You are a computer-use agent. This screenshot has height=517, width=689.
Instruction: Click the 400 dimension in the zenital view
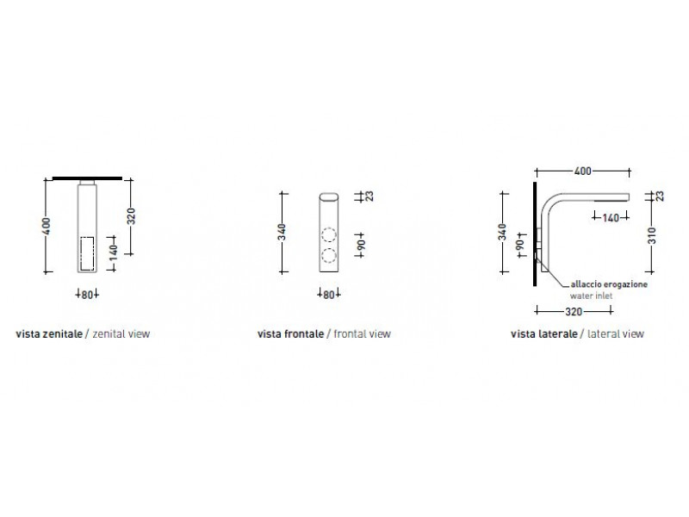tap(47, 226)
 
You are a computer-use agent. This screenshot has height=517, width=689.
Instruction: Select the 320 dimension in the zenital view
tap(131, 216)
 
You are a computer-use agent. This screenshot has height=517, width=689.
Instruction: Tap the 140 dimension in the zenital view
tap(114, 252)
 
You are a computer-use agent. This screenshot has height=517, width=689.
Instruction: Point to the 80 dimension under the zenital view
tap(87, 295)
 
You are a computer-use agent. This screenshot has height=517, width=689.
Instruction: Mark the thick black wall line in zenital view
tap(87, 178)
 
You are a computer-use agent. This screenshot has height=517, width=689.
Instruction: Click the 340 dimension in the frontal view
tap(282, 232)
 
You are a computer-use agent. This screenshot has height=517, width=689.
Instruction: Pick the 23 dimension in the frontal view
tap(369, 196)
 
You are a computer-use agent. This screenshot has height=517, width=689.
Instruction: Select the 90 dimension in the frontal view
tap(360, 245)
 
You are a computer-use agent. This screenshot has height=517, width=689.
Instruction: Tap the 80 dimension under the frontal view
tap(329, 295)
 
